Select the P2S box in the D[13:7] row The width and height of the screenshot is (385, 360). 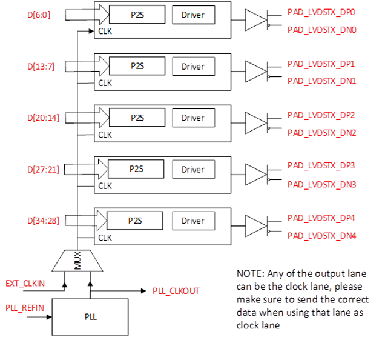click(137, 66)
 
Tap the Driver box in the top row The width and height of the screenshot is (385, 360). click(193, 15)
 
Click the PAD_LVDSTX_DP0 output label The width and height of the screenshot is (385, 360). click(321, 12)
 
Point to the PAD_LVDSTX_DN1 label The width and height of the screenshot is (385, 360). click(321, 81)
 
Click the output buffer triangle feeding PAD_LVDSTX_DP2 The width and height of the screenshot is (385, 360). click(255, 123)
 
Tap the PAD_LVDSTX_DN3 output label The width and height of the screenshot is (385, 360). click(321, 184)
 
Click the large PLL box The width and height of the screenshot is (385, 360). click(90, 316)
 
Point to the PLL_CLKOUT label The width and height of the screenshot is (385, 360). click(176, 291)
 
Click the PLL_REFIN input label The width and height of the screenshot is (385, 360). click(25, 308)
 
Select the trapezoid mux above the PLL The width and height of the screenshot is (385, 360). click(77, 261)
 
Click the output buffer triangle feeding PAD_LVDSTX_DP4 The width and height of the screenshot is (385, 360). click(255, 225)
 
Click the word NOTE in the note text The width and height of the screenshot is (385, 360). click(246, 273)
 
